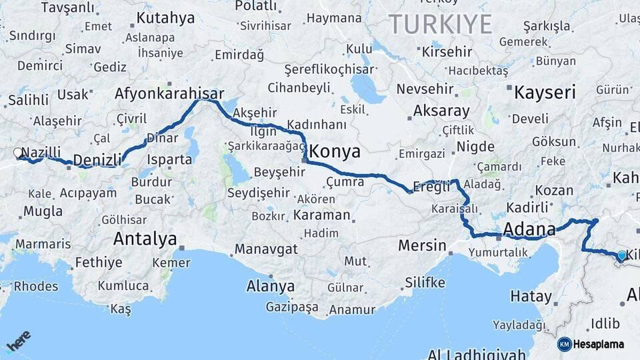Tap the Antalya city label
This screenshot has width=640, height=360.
(145, 238)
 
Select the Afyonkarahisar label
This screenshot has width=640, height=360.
(169, 93)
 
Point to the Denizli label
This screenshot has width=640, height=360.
(97, 159)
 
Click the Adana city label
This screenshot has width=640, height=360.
(529, 230)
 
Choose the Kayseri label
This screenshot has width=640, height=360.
(545, 92)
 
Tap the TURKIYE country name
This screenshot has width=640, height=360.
(441, 25)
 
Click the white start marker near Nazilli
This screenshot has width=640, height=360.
(18, 153)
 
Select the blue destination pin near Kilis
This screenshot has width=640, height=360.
(621, 255)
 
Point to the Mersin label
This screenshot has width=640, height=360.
(422, 245)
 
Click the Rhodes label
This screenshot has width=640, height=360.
(35, 286)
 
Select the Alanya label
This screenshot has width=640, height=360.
(271, 286)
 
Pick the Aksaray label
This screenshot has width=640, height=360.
(441, 111)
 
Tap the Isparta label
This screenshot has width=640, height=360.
(171, 159)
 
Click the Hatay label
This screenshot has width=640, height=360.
(531, 296)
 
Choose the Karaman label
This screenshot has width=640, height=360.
(321, 215)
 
